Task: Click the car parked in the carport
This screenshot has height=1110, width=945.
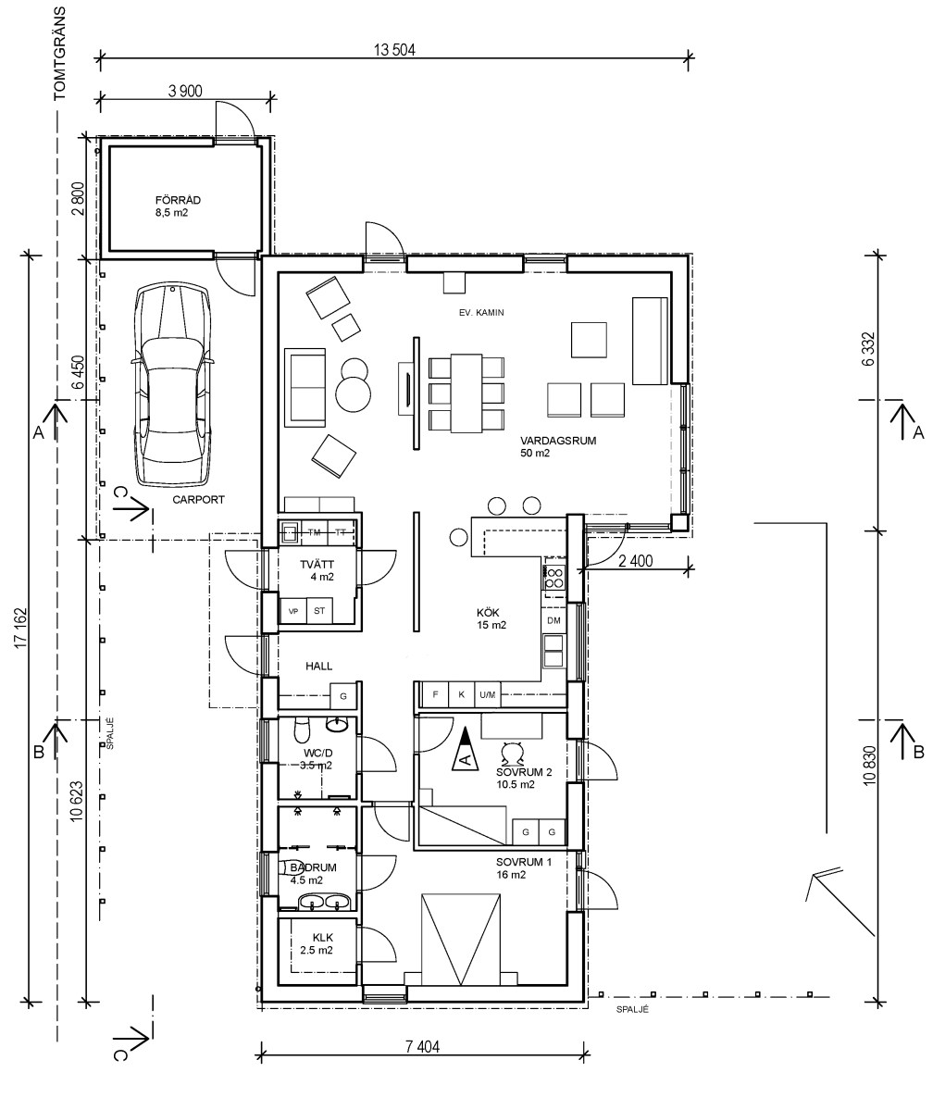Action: pos(172,384)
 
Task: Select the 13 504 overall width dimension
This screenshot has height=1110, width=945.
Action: pos(394,50)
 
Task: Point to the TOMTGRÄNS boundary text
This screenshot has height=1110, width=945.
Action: pos(59,53)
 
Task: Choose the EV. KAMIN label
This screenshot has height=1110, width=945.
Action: pos(480,312)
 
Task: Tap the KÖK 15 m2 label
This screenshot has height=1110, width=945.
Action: pos(491,618)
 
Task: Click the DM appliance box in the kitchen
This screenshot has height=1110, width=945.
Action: pos(553,620)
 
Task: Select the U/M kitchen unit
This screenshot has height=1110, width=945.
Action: pos(487,694)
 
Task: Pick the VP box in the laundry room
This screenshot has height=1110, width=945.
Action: pos(293,611)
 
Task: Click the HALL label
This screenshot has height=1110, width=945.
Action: pos(318,667)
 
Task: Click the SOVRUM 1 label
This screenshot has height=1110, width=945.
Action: pos(523,862)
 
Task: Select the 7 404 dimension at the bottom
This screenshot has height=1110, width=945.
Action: pos(423,1046)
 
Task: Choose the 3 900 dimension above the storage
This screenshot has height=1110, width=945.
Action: pos(185,91)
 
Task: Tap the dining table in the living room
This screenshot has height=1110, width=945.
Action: pos(466,393)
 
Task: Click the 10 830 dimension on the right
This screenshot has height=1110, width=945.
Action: pos(870,765)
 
